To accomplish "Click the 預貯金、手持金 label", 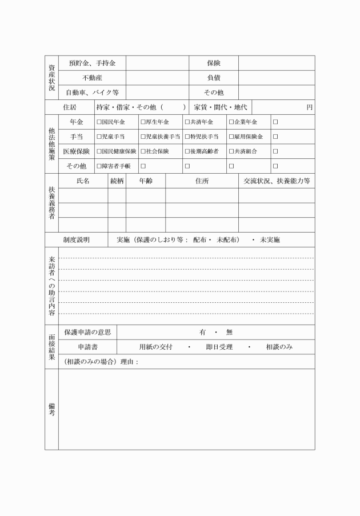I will coord(92,63).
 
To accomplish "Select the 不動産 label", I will coord(92,78).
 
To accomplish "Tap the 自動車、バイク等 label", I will coord(92,93).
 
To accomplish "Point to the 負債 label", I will coord(214,78).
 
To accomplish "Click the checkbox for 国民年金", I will coord(99,122).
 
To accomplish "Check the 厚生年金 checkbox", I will coord(143,122).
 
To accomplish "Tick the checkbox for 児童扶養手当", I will coord(143,137).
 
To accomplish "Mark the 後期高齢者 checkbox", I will coord(186,151).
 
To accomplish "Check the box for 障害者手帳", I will coord(99,166).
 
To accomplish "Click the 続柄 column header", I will coord(117,181).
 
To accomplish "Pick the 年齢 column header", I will coord(145,181).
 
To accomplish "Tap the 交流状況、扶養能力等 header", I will coord(277,181).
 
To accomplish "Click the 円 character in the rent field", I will coord(309,107).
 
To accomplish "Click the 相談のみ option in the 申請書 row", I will coord(279,347).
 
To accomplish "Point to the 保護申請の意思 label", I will coord(87,332).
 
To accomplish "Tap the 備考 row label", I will coord(51,409).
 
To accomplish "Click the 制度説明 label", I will coord(76,240).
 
